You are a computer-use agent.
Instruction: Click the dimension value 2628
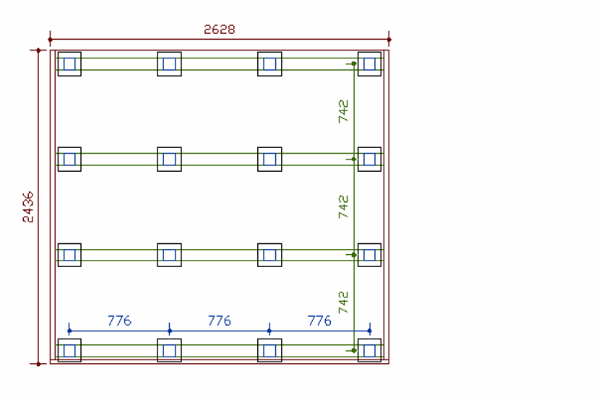point(220,30)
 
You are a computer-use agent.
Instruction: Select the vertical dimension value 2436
point(28,206)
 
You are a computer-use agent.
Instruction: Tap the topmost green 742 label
point(343,111)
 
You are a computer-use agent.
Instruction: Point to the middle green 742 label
point(343,206)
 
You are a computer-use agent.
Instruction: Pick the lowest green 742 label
point(343,302)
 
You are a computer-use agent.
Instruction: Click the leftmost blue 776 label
point(119,320)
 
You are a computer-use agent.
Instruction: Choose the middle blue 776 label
point(219,320)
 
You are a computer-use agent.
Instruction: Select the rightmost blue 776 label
point(319,320)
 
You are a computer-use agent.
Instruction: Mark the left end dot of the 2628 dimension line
point(50,39)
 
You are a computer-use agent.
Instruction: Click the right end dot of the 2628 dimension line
point(389,39)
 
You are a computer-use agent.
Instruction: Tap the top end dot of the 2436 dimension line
point(38,51)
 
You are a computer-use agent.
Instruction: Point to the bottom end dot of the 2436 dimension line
point(38,363)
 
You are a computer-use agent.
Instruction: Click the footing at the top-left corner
point(69,64)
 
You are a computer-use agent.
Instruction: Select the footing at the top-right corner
point(369,64)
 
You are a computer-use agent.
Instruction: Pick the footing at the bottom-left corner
point(69,350)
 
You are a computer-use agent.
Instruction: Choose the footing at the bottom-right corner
point(369,350)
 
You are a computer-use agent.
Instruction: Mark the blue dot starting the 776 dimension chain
point(69,331)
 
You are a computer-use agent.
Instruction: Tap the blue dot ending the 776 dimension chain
point(369,331)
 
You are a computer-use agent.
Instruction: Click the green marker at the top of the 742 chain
point(353,64)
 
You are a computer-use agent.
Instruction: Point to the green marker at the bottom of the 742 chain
point(353,350)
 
